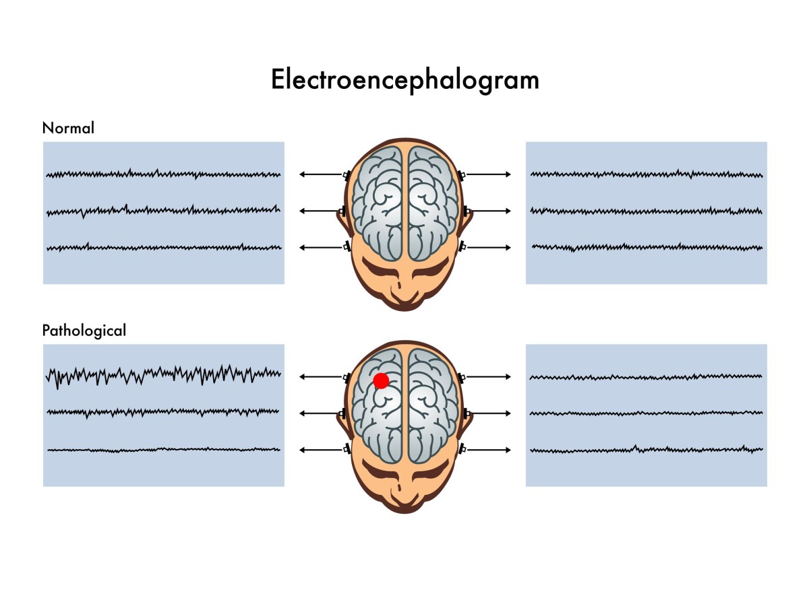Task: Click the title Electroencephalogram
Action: [x=404, y=80]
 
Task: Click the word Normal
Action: [x=68, y=128]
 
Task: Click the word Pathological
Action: [x=84, y=331]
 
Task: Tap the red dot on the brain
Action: [x=381, y=380]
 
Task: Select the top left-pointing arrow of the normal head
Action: [x=320, y=174]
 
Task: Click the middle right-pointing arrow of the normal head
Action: [x=489, y=211]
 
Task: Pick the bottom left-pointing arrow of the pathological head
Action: [x=320, y=449]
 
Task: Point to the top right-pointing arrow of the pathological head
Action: [x=489, y=376]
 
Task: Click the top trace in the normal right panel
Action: [x=647, y=174]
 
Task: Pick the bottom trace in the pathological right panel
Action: [x=647, y=449]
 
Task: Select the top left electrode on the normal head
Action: [x=347, y=175]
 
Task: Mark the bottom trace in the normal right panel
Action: [x=647, y=247]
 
